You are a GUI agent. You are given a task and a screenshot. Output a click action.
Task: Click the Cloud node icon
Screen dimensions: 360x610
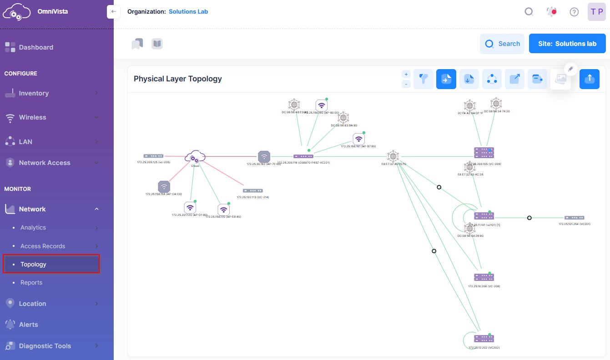pos(195,157)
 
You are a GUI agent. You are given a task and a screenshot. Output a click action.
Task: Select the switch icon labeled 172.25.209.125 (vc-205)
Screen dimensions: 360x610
pos(153,156)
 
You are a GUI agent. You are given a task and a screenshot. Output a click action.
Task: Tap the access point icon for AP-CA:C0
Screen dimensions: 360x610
pos(164,186)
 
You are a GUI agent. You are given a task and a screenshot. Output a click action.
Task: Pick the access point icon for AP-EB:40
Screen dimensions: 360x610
pos(223,210)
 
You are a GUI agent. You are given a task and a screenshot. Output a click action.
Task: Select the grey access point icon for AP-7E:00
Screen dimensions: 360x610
pos(264,156)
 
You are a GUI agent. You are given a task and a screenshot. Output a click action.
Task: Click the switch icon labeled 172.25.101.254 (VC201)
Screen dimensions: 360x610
pos(574,218)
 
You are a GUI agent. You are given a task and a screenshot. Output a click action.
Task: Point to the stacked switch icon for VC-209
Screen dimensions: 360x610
pos(484,153)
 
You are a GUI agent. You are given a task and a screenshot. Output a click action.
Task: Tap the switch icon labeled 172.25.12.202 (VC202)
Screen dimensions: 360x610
pos(484,339)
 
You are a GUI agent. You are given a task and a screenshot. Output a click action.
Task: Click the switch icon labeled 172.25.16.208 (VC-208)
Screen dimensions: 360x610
pos(484,277)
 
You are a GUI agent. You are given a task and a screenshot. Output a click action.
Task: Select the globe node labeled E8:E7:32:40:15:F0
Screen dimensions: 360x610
pos(393,156)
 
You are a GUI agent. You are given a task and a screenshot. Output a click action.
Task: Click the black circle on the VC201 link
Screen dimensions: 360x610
pos(529,218)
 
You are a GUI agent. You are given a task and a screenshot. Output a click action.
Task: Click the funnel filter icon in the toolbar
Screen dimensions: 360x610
pos(423,79)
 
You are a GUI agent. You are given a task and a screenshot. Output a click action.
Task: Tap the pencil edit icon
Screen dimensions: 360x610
pos(571,69)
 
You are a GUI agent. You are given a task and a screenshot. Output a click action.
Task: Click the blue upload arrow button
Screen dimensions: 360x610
pos(589,79)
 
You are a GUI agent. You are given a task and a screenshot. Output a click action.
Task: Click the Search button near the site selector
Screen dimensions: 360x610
pos(502,44)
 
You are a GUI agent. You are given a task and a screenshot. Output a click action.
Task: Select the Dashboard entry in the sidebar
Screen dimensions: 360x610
pos(36,47)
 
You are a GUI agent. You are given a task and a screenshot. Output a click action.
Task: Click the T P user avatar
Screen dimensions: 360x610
pos(597,12)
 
